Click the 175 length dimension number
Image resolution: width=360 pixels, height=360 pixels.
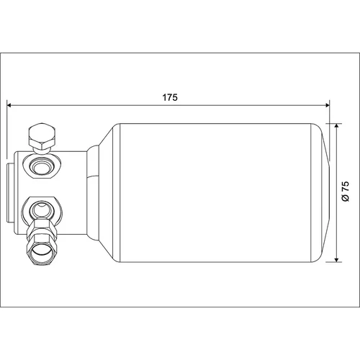click(170, 98)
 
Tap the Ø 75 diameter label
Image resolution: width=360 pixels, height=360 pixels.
click(346, 192)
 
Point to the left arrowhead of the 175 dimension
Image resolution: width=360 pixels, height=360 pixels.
click(9, 105)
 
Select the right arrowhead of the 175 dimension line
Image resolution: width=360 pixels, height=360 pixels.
click(327, 105)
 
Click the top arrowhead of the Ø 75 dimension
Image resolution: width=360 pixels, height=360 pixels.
click(337, 126)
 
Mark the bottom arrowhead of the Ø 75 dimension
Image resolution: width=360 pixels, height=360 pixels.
click(337, 259)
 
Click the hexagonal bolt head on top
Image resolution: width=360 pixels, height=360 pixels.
click(42, 136)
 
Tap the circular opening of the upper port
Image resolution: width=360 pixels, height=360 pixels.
click(42, 166)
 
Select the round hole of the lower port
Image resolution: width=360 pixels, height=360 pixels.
click(42, 210)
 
